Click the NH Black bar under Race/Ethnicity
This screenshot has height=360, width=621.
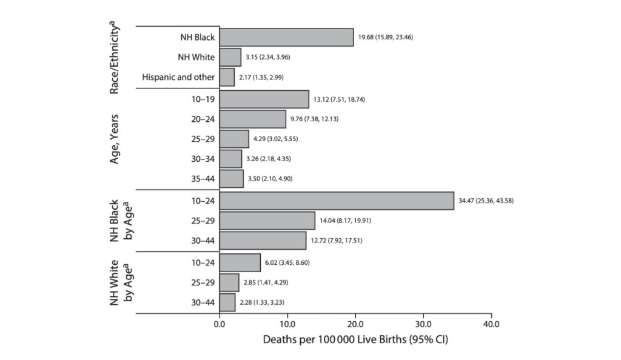pyautogui.click(x=286, y=37)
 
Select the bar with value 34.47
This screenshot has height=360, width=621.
pyautogui.click(x=337, y=201)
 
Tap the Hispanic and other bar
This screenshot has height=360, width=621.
pyautogui.click(x=227, y=77)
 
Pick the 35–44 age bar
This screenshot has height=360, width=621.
pyautogui.click(x=231, y=179)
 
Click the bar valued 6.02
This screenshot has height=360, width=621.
pyautogui.click(x=240, y=262)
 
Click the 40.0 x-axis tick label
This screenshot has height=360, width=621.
pyautogui.click(x=491, y=324)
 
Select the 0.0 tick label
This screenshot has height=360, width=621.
pyautogui.click(x=220, y=324)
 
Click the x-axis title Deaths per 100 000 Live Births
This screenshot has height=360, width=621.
pyautogui.click(x=355, y=339)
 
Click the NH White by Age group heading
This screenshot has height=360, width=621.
pyautogui.click(x=121, y=282)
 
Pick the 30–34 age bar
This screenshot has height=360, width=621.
pyautogui.click(x=230, y=159)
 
